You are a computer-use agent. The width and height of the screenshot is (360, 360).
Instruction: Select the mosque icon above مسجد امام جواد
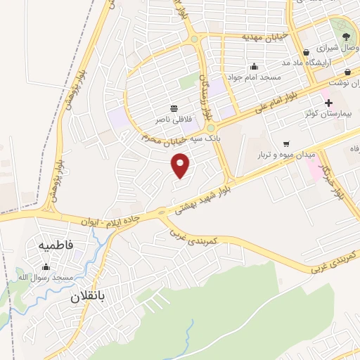click(254, 67)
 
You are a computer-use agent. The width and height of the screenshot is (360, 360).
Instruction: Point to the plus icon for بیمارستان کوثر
click(328, 103)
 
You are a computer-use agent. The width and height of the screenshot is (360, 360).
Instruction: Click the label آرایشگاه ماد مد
click(306, 62)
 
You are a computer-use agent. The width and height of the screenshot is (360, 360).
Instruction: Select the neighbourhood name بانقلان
click(87, 297)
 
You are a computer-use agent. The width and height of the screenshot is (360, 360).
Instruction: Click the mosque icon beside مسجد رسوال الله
click(46, 266)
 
